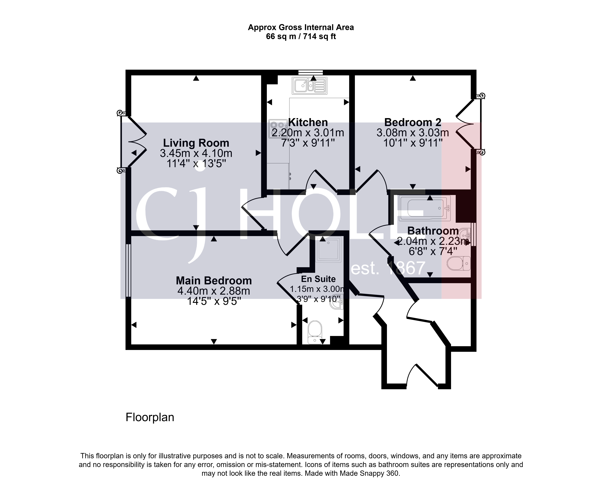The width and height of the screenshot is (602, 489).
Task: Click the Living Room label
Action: pos(196,143)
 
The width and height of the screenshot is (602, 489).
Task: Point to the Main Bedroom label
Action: pos(214,281)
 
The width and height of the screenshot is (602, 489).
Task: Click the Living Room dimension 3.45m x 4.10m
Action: pos(196,153)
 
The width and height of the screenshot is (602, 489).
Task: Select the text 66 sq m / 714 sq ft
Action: pos(301,37)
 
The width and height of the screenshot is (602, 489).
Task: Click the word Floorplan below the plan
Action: pos(150,417)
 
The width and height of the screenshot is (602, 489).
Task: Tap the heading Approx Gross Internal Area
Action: pos(301,27)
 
